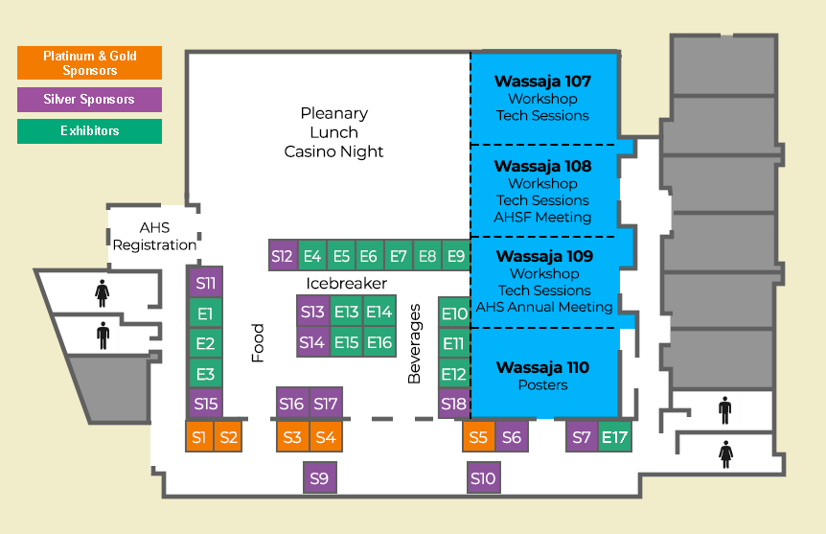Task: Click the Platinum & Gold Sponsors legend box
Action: click(x=89, y=63)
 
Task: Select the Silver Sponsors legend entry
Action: click(x=89, y=100)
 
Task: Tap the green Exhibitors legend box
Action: click(x=89, y=130)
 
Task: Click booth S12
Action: click(x=282, y=256)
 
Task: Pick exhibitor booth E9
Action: click(x=456, y=256)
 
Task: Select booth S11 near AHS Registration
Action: click(x=205, y=283)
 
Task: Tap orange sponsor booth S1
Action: click(x=199, y=437)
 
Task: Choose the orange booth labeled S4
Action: click(x=326, y=437)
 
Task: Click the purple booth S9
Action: click(x=319, y=477)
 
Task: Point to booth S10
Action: click(x=483, y=477)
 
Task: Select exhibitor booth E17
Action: click(x=614, y=437)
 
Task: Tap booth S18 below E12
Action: click(x=454, y=404)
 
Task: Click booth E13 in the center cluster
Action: click(x=346, y=312)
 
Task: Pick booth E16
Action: click(x=379, y=342)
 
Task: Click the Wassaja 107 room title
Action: click(x=542, y=81)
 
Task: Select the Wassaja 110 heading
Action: click(x=542, y=367)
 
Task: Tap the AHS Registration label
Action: click(x=154, y=237)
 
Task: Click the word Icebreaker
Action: click(x=347, y=284)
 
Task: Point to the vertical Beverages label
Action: click(x=415, y=344)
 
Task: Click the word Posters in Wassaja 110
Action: click(x=542, y=385)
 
